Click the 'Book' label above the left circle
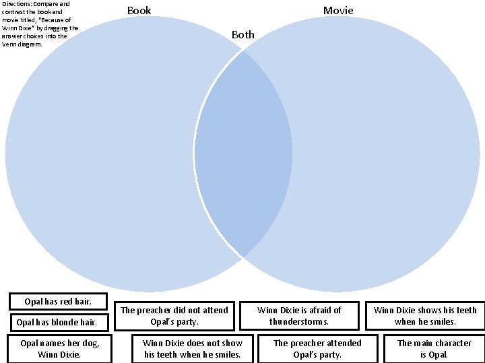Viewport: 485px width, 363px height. coord(139,10)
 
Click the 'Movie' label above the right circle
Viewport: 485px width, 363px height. coord(337,10)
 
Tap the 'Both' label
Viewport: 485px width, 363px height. coord(243,34)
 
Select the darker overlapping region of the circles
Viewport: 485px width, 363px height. coord(243,155)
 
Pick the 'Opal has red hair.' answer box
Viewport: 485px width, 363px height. coord(58,302)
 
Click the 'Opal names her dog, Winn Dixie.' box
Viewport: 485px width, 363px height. coord(59,348)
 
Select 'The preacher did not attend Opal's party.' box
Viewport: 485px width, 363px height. coord(174,316)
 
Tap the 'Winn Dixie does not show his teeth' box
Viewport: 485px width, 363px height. coord(193,348)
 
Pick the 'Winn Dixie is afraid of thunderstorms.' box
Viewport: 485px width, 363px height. coord(299,316)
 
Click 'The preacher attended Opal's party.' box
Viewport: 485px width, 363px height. coord(317,348)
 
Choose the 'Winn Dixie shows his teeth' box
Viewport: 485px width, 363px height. coord(424,316)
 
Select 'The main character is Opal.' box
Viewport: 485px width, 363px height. coord(434,348)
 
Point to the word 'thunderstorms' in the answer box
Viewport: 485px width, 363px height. coord(299,322)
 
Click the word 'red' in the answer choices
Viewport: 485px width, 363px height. coord(65,302)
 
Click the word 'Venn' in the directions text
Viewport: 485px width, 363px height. coord(11,44)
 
